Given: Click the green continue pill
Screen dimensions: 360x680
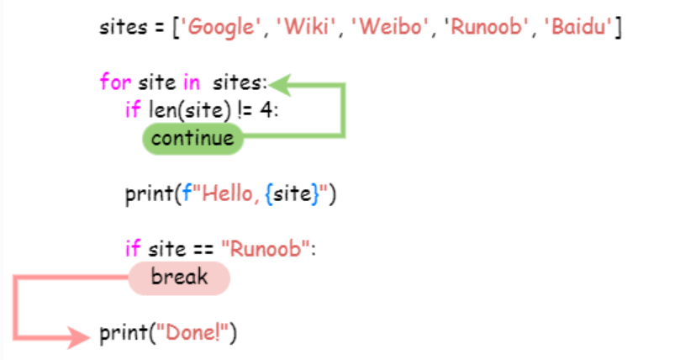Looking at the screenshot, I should click(192, 138).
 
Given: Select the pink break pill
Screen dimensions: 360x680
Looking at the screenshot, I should click(178, 277).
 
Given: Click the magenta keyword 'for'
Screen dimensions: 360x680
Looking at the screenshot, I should click(113, 83).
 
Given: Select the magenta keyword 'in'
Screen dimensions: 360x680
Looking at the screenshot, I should click(190, 83).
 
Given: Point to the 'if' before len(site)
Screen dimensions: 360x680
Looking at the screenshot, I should click(132, 109).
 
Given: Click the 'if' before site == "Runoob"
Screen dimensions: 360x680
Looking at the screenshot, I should click(132, 248).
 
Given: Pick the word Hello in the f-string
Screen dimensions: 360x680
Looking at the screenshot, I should click(219, 194).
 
